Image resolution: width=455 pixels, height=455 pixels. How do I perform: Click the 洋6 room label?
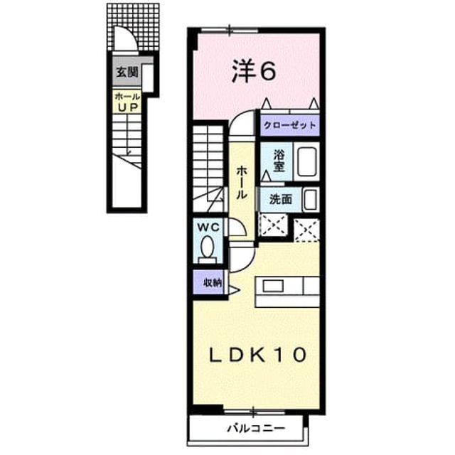coord(253,71)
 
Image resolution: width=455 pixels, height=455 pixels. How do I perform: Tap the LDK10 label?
coord(258,355)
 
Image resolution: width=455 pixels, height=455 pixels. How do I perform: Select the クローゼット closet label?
coord(289,125)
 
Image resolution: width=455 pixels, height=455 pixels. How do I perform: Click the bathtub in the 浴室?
coord(306,161)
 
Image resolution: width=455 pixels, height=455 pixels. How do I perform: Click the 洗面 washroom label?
coord(281,199)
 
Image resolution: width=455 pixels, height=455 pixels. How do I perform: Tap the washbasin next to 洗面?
coord(311,200)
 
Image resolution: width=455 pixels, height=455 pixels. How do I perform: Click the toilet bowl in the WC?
coord(208,247)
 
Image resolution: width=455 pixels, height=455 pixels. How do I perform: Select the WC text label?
coord(208,227)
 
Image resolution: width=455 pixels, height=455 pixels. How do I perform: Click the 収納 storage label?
coord(213,282)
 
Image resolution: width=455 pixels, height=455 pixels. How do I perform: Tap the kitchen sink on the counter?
coord(273,287)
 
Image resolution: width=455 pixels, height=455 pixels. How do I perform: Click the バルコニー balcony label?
coord(256,428)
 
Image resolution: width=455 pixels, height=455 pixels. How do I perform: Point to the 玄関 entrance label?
coord(127,72)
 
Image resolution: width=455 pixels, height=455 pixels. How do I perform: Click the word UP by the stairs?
coord(127,107)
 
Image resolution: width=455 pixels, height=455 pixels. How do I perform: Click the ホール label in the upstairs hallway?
coord(242,183)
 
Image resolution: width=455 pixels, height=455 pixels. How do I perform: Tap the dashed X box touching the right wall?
coord(307,230)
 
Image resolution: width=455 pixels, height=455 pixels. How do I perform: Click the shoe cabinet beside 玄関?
coord(148,77)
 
